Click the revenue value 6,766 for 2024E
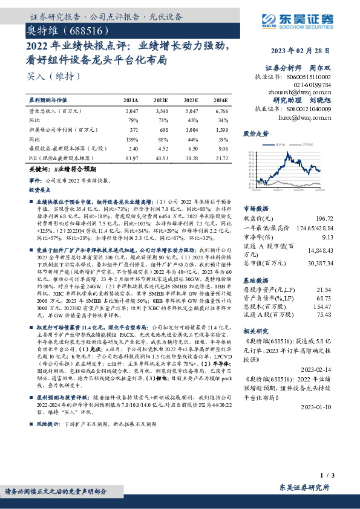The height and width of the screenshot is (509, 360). (220, 112)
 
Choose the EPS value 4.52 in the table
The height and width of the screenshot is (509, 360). (162, 148)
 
